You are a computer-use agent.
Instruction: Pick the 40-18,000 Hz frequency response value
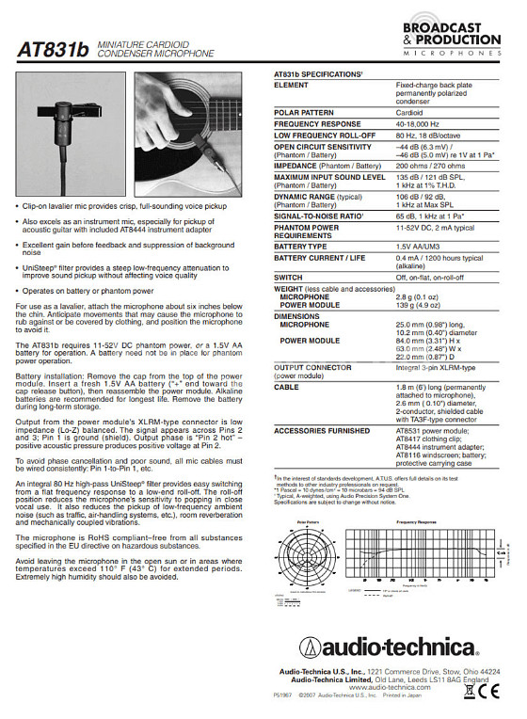pos(418,123)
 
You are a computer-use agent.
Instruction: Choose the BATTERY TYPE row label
pos(301,245)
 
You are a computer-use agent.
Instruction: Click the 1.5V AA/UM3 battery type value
pos(418,245)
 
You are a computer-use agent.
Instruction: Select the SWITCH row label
pos(288,278)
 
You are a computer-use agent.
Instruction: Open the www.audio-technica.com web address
pos(400,688)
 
